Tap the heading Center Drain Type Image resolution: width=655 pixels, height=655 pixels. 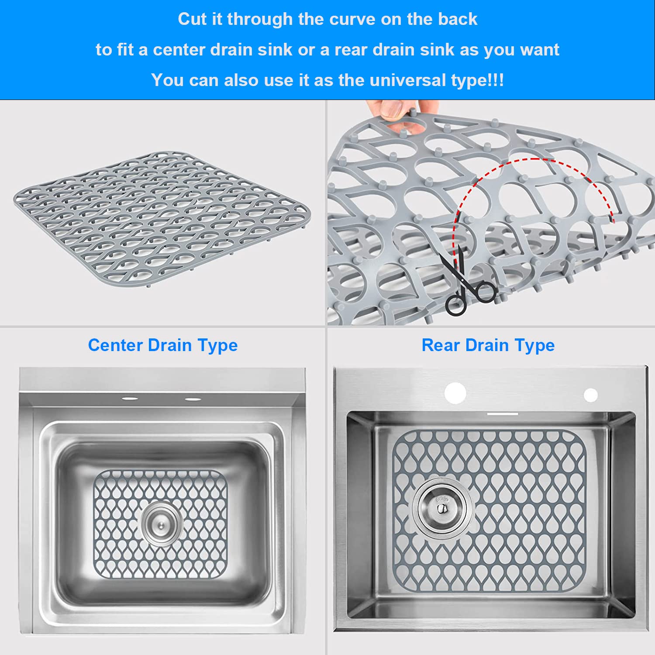click(163, 345)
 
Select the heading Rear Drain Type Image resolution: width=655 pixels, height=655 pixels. click(488, 345)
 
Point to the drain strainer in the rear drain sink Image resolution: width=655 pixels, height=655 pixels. click(442, 508)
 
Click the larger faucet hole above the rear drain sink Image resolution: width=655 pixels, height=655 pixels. click(455, 393)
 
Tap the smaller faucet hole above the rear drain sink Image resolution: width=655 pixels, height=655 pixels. click(591, 395)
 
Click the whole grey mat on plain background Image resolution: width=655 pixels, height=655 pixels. click(162, 218)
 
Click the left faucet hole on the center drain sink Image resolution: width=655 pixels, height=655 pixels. click(130, 399)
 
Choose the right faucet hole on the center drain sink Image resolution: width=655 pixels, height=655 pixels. click(193, 399)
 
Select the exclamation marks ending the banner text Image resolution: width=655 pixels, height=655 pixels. click(496, 80)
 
